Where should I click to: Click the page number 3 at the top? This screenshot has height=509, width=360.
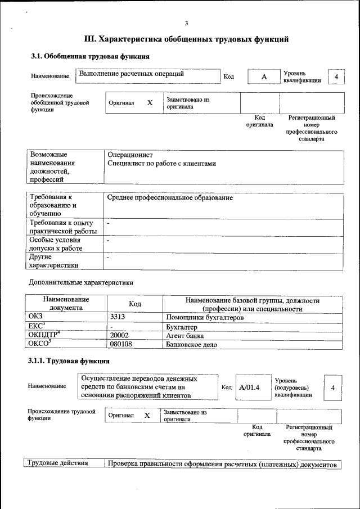pyautogui.click(x=186, y=23)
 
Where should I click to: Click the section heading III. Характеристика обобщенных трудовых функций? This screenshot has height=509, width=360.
pyautogui.click(x=186, y=39)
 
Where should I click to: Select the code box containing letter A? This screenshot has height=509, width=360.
pyautogui.click(x=263, y=76)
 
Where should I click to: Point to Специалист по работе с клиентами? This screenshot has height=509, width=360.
pyautogui.click(x=161, y=164)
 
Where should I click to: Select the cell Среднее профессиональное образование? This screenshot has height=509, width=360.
pyautogui.click(x=169, y=198)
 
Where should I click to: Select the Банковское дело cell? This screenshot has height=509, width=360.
pyautogui.click(x=191, y=344)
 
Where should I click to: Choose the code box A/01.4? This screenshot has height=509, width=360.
pyautogui.click(x=249, y=387)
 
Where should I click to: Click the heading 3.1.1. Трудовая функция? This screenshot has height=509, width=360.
pyautogui.click(x=69, y=361)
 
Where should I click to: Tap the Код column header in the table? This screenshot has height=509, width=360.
pyautogui.click(x=134, y=304)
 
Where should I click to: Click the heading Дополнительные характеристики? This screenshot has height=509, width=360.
pyautogui.click(x=81, y=282)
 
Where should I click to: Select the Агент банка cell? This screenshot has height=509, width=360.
pyautogui.click(x=185, y=335)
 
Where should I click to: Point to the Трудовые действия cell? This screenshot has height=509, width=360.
pyautogui.click(x=58, y=464)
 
